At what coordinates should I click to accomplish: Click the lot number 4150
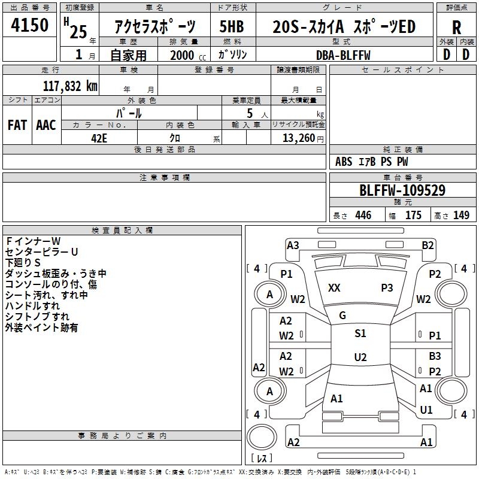tap(30, 27)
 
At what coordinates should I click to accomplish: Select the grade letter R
tap(456, 28)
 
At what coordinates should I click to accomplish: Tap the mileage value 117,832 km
tap(70, 86)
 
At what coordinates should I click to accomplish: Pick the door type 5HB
tap(231, 28)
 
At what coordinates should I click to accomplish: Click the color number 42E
tap(99, 137)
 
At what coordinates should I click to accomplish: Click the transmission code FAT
tap(17, 125)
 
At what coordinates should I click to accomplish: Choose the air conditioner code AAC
tap(46, 125)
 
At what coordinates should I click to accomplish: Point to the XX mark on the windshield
tap(334, 288)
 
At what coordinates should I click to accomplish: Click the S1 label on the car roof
tap(360, 334)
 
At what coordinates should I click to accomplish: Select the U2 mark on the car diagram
tap(360, 357)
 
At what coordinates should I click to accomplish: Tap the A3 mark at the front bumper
tap(293, 245)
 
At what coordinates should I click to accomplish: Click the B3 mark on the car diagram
tap(435, 356)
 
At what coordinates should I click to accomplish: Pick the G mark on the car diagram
tap(342, 316)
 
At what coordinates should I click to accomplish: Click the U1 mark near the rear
tap(426, 410)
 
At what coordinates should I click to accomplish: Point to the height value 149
tap(461, 216)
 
